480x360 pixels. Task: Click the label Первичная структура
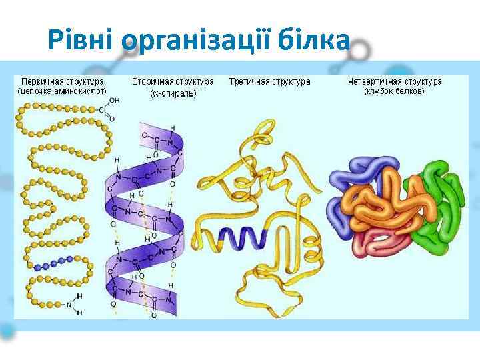61,82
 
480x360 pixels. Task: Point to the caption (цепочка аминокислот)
61,91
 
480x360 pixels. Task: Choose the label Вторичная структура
173,82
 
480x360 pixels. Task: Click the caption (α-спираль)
173,93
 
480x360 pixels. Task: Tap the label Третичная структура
269,82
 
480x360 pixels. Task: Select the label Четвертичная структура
395,82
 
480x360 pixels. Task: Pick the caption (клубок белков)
395,91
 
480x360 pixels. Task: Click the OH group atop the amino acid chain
114,101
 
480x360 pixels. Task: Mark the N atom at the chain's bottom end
68,305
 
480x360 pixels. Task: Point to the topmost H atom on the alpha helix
173,127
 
